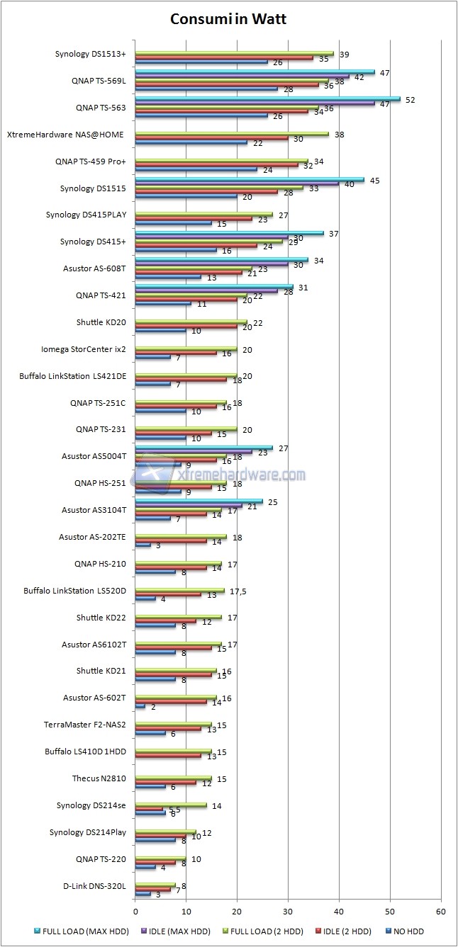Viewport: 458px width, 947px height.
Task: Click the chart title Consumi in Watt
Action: [228, 20]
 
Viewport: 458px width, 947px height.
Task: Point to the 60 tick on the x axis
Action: [440, 912]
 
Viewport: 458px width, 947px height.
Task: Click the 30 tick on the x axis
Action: [288, 912]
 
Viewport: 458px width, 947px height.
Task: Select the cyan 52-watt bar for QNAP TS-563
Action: [267, 98]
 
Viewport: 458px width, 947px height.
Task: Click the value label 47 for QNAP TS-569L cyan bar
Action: [385, 73]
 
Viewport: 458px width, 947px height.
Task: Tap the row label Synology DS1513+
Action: [90, 53]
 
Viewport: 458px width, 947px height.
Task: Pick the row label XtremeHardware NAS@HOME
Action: [66, 134]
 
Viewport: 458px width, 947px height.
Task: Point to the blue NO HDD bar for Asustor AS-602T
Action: [140, 706]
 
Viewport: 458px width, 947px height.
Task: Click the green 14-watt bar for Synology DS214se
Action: [171, 805]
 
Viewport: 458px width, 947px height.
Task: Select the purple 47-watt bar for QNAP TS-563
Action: [255, 103]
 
